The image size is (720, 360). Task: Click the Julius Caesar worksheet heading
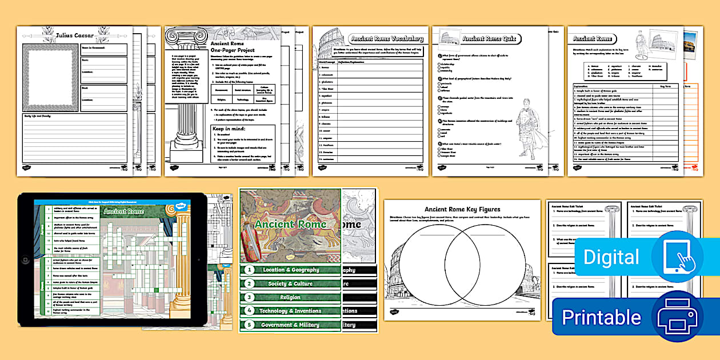(75, 35)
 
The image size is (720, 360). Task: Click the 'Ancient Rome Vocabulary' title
(387, 39)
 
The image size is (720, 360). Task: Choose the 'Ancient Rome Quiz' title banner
(490, 39)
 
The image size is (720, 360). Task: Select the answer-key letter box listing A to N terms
(623, 70)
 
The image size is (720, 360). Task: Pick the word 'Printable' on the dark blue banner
(601, 317)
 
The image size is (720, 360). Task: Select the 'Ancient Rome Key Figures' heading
(462, 209)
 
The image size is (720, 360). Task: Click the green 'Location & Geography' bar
(290, 270)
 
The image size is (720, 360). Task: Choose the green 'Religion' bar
(290, 297)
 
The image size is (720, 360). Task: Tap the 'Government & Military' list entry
(290, 325)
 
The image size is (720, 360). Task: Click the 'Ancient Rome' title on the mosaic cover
(290, 224)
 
